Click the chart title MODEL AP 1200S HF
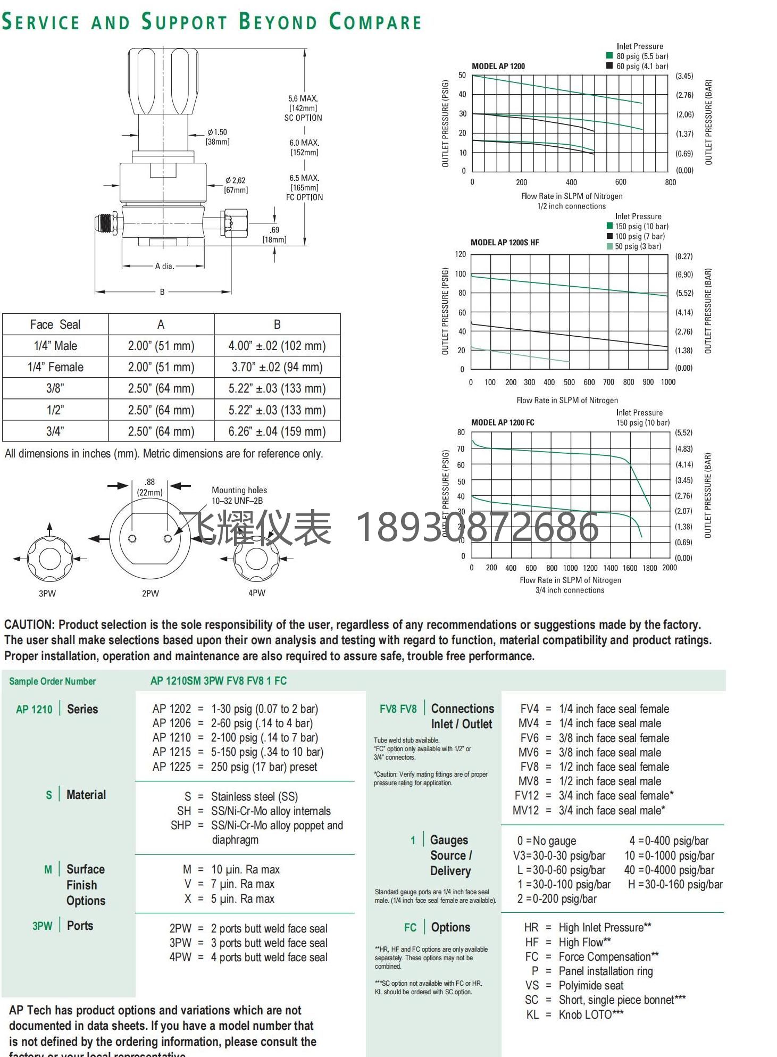505,243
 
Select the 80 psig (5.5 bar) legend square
609,55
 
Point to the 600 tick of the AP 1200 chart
621,182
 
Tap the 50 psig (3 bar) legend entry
638,246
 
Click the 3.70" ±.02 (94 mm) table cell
277,367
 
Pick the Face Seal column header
55,324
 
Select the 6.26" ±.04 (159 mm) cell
277,431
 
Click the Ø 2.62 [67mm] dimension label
236,185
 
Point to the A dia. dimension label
164,266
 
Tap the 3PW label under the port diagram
47,593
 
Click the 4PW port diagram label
257,593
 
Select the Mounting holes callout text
239,490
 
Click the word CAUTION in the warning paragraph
29,625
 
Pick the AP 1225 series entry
171,767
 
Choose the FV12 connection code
527,796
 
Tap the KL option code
532,1014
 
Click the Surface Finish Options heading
86,885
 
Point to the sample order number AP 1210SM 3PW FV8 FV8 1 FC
219,681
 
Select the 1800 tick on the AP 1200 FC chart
649,568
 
